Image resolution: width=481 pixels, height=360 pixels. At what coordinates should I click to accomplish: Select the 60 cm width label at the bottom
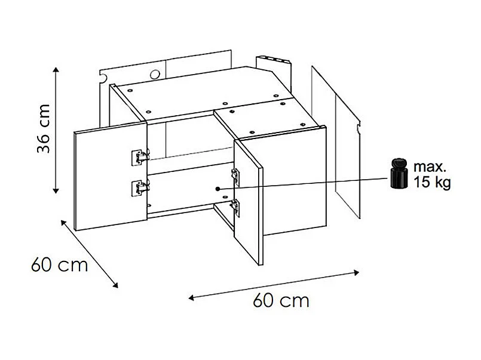[x=281, y=300]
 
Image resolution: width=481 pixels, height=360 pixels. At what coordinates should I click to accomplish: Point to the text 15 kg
[x=431, y=182]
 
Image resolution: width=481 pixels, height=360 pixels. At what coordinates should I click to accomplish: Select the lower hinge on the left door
[x=140, y=187]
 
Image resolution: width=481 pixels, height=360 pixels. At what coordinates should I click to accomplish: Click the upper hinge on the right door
[x=235, y=175]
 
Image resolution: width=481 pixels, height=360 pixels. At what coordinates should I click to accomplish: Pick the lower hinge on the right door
[x=235, y=207]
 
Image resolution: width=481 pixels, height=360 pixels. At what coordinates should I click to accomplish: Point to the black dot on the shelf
[x=218, y=189]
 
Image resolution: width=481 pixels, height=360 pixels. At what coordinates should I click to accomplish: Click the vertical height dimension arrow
[x=56, y=130]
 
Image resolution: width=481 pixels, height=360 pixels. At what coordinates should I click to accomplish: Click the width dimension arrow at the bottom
[x=274, y=284]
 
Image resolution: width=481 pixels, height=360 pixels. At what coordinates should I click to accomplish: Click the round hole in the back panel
[x=155, y=75]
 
